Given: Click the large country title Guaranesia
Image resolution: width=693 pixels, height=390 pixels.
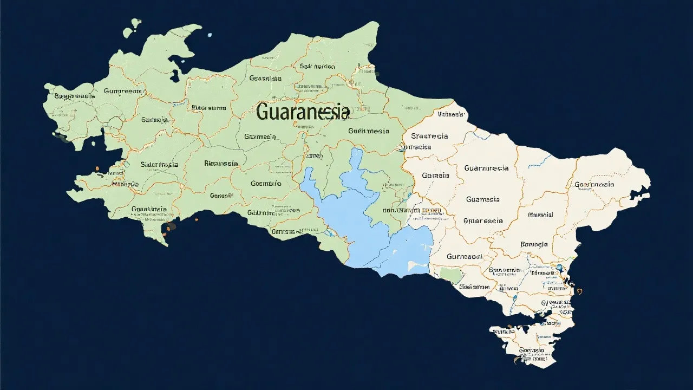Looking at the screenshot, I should point(303,112).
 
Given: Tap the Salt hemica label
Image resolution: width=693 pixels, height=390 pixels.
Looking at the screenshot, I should point(317,67).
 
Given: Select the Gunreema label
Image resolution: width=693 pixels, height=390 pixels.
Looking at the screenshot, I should point(123,91).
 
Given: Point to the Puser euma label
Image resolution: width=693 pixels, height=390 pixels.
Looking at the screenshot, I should point(208,108).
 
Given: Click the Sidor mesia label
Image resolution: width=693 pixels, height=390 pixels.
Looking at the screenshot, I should point(159,164).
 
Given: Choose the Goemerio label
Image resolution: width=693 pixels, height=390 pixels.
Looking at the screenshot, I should point(266,184).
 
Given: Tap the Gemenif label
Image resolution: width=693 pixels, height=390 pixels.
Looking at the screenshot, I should point(221,196).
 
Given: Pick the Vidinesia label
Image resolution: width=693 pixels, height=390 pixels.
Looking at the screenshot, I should point(450,114).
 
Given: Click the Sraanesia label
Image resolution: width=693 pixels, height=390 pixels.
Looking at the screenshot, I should point(429,136).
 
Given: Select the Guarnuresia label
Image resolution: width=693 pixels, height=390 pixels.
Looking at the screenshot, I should point(486,168).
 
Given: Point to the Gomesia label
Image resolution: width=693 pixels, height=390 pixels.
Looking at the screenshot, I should point(435,175).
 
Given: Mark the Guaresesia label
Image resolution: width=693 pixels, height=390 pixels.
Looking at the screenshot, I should point(483,220).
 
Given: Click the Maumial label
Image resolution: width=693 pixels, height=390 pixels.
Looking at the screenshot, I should point(540,215).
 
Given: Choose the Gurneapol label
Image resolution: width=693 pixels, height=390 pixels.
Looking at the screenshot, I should point(464,256).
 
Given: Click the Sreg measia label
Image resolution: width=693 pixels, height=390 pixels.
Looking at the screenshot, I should point(75,96).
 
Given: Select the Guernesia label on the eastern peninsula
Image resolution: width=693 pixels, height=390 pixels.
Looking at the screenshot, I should point(594,184).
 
